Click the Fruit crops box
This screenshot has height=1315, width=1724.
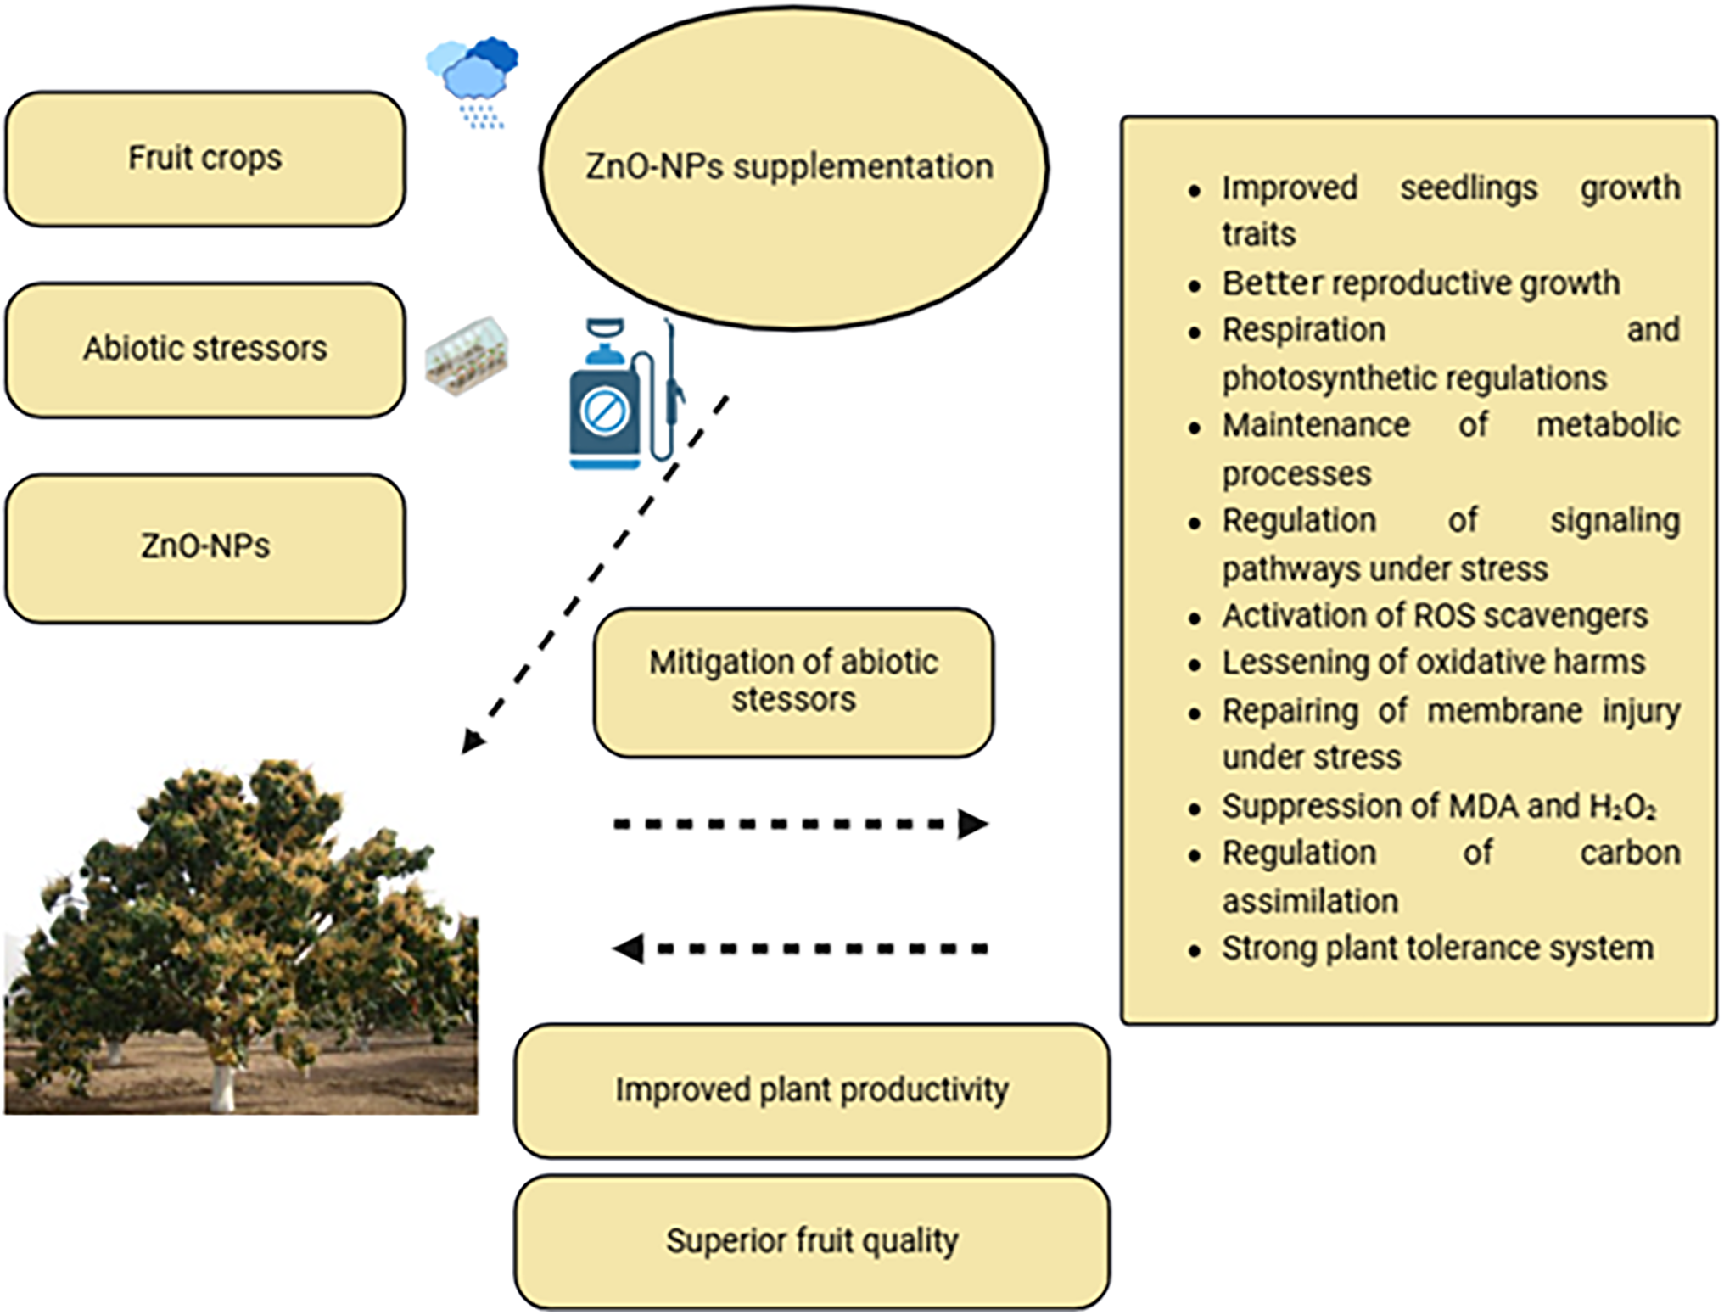[x=205, y=159]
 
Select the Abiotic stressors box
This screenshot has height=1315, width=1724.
[x=205, y=350]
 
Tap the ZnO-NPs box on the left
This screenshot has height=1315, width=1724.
[x=205, y=548]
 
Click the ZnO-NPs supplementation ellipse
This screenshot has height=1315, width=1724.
[x=793, y=168]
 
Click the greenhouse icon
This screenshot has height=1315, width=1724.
[x=467, y=355]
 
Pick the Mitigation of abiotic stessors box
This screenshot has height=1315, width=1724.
[x=793, y=682]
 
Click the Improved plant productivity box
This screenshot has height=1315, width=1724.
[x=812, y=1091]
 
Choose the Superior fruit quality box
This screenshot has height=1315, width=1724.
[x=812, y=1242]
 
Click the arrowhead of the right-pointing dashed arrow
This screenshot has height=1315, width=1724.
[x=973, y=824]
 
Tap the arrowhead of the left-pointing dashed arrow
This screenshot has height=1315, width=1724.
[x=629, y=948]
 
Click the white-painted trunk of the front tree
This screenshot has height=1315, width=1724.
[x=222, y=1088]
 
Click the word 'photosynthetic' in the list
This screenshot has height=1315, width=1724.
[x=1335, y=378]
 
